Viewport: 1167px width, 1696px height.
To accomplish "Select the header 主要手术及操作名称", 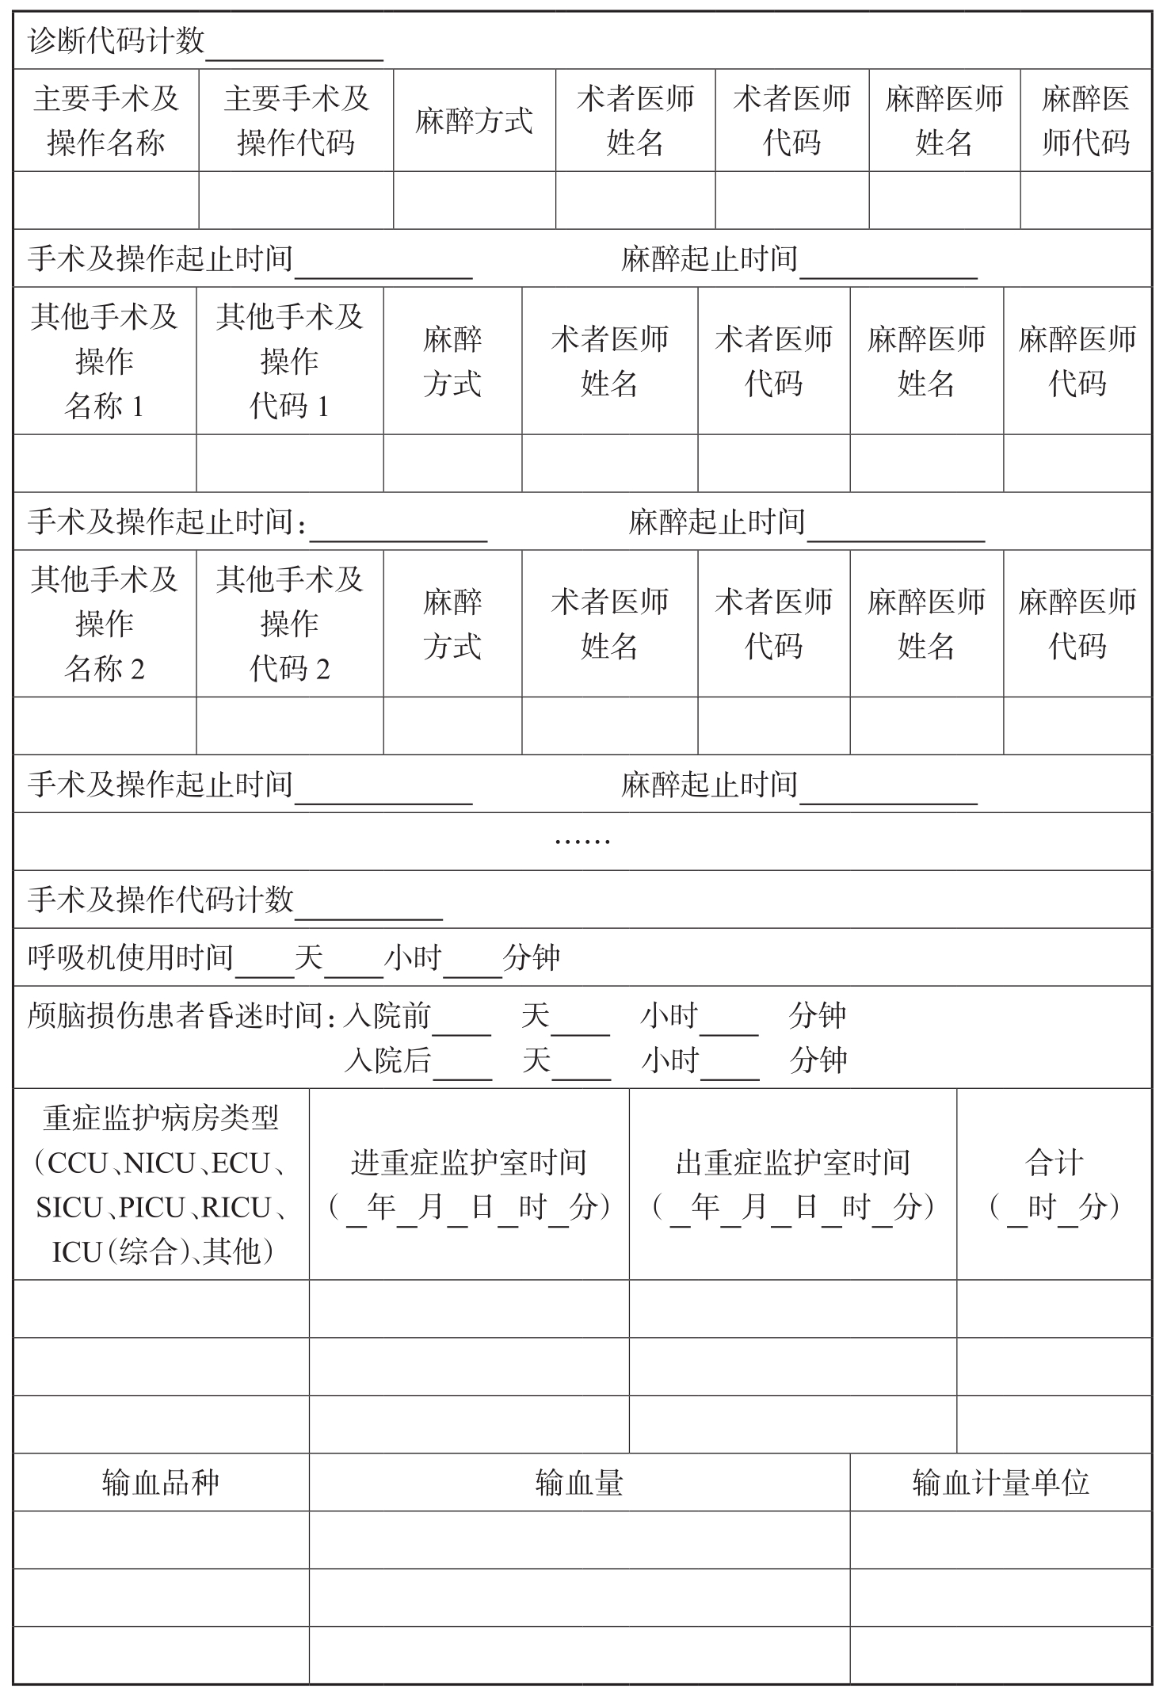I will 106,120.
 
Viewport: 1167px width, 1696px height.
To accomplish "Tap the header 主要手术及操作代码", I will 296,120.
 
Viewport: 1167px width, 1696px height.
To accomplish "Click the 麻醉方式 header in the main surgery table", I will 474,121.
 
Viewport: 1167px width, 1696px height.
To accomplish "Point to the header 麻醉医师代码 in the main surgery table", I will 1085,120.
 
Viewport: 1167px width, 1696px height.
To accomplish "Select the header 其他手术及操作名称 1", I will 105,361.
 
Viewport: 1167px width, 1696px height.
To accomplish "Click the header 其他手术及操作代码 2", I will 290,624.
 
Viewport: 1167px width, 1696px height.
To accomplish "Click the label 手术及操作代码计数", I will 161,900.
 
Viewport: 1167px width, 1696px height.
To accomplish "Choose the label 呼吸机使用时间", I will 131,957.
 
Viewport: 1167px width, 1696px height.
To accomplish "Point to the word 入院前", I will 387,1015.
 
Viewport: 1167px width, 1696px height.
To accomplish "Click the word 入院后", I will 388,1060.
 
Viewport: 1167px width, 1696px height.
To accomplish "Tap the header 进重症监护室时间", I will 469,1163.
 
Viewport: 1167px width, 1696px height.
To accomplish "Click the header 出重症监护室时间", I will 793,1163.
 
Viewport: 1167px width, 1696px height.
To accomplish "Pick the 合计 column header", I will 1054,1163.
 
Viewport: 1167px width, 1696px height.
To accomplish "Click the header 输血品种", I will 161,1482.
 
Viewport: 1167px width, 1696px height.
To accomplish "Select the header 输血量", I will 579,1482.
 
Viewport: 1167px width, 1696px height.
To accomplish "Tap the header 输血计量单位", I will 1001,1482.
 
